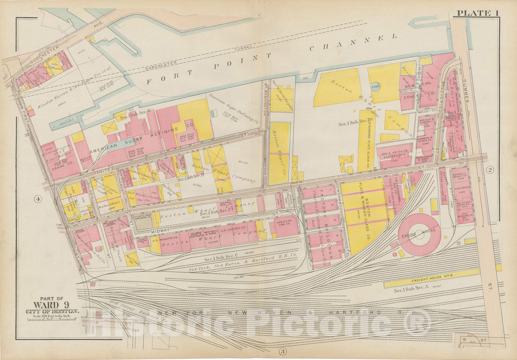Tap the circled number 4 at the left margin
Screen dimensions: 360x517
(38, 199)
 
